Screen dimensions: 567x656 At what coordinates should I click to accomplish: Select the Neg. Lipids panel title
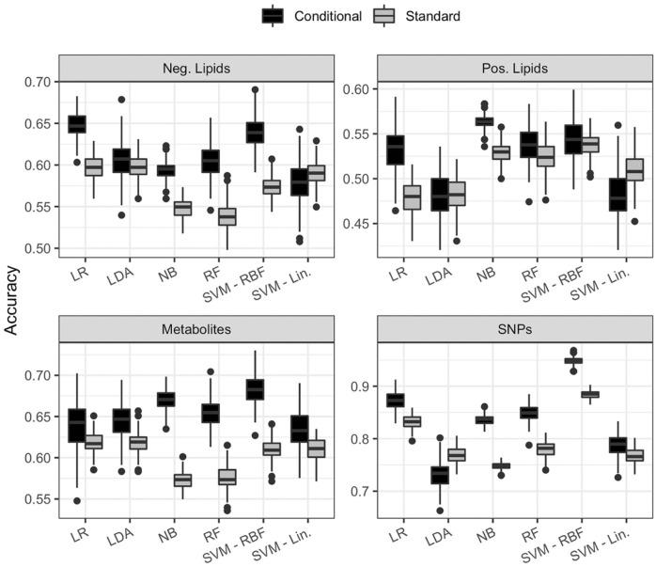coord(195,70)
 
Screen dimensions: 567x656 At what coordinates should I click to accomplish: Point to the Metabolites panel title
coord(195,330)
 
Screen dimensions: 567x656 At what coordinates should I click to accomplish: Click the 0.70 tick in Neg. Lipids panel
coord(38,83)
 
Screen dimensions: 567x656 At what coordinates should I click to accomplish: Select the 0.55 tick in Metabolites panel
coord(38,499)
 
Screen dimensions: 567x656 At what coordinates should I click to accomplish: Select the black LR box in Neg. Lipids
coord(76,124)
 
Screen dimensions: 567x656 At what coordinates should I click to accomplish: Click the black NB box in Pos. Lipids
coord(484,121)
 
